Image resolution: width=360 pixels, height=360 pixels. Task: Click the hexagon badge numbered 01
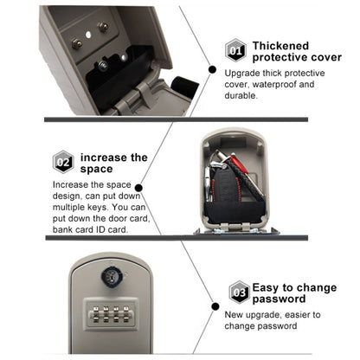[235, 50]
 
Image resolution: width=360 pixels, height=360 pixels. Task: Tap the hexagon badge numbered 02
[63, 162]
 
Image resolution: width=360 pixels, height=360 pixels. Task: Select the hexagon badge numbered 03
[240, 292]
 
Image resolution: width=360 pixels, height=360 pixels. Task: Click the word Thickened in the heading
[280, 46]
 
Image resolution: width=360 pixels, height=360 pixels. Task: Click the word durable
[241, 95]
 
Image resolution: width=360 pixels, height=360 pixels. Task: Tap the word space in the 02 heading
[96, 169]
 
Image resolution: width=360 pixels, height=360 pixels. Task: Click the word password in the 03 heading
[279, 299]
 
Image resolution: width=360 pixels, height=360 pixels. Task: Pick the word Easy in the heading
[266, 287]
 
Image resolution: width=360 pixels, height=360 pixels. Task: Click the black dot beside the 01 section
[212, 69]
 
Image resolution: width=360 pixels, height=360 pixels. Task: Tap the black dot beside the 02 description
[138, 188]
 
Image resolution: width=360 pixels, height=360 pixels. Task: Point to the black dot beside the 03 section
[215, 306]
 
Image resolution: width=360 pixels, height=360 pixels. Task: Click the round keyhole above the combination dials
[112, 277]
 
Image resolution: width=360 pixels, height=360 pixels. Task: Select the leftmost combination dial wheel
[95, 314]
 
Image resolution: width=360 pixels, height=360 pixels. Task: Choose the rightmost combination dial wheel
[126, 314]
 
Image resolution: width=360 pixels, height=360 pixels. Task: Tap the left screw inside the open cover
[77, 44]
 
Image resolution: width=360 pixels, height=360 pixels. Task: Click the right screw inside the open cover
[103, 27]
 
